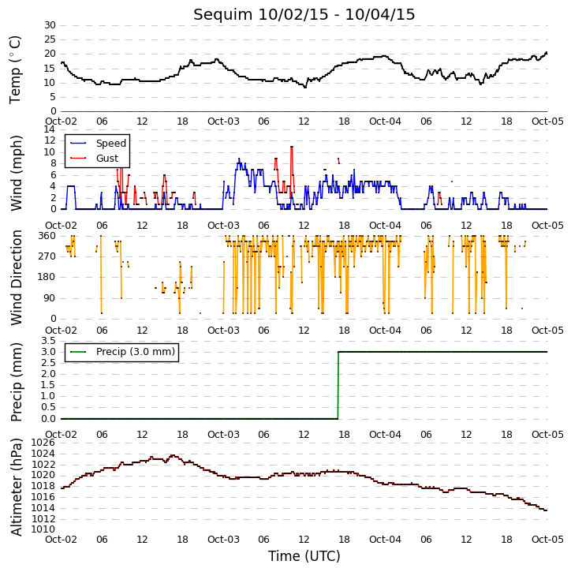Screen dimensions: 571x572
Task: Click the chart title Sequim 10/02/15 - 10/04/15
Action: click(x=304, y=14)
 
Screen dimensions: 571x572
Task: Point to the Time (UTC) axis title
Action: click(x=304, y=556)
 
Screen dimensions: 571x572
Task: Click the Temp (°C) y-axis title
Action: click(x=15, y=69)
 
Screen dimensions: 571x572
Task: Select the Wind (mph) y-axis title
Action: click(x=16, y=173)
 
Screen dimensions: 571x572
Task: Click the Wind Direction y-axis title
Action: click(x=16, y=278)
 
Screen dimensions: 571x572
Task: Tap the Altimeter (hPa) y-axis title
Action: click(x=16, y=487)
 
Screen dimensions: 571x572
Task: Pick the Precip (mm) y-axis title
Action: click(x=16, y=383)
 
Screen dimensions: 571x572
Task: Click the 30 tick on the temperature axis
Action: click(x=50, y=25)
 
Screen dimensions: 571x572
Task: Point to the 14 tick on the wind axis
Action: click(x=50, y=129)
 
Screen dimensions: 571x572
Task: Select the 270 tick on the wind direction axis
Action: click(x=47, y=256)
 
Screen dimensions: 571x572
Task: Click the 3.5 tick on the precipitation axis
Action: click(x=48, y=341)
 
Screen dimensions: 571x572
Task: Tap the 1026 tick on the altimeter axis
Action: click(x=43, y=443)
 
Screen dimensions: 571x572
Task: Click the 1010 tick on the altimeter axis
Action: click(x=43, y=529)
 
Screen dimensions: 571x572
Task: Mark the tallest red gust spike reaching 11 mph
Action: click(x=292, y=171)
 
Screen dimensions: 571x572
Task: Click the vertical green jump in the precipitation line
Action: click(x=338, y=385)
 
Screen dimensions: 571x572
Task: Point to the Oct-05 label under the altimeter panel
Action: click(x=547, y=539)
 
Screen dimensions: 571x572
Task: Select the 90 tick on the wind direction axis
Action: click(x=50, y=298)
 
